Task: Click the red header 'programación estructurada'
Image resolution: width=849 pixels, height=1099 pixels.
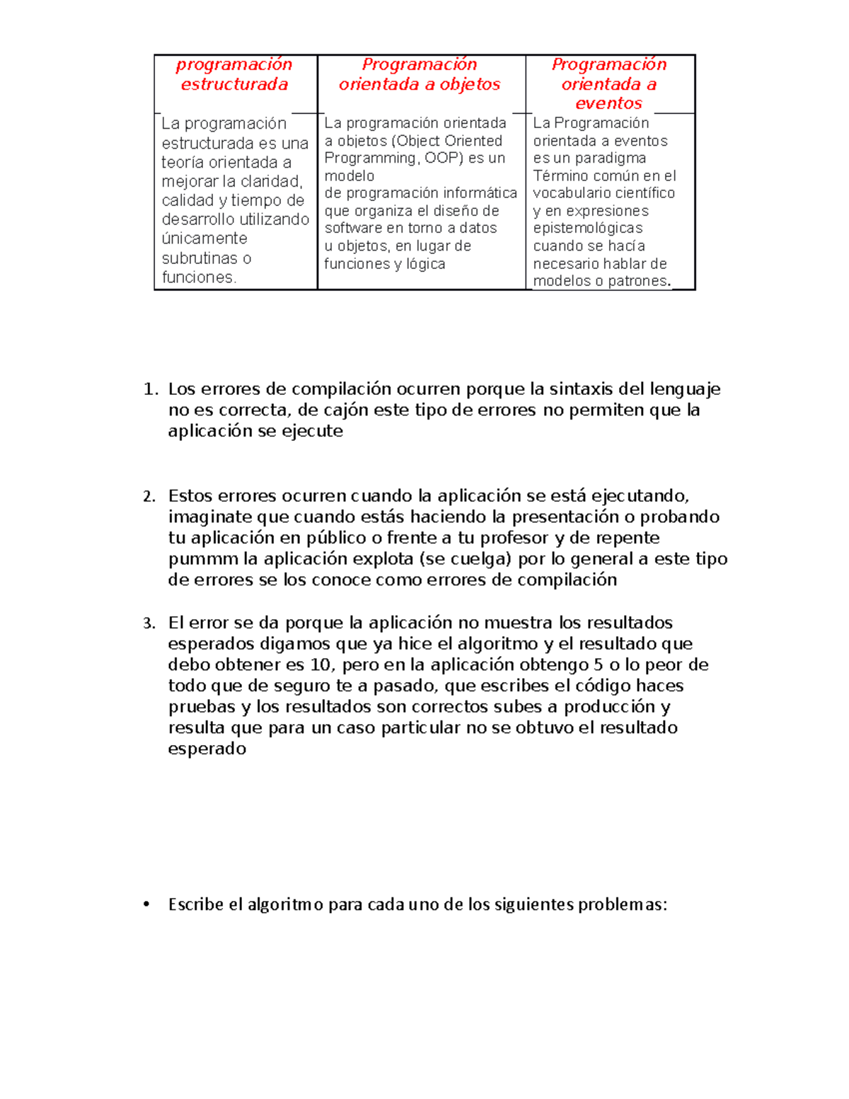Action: pyautogui.click(x=234, y=74)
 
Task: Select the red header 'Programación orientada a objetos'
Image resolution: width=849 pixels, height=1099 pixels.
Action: pyautogui.click(x=420, y=74)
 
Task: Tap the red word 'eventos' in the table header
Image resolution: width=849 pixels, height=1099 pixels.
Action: pyautogui.click(x=608, y=103)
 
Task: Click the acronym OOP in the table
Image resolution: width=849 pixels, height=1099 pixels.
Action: pyautogui.click(x=443, y=158)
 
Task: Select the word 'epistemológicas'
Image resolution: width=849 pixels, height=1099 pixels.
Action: pyautogui.click(x=587, y=228)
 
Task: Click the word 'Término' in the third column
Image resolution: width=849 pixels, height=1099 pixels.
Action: pyautogui.click(x=560, y=176)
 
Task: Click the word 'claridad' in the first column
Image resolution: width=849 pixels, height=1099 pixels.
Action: pyautogui.click(x=272, y=181)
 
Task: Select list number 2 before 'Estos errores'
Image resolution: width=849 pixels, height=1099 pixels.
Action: pyautogui.click(x=149, y=496)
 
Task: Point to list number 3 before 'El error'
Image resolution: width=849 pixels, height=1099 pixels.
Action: pyautogui.click(x=149, y=623)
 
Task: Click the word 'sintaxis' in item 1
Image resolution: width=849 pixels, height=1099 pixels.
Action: pyautogui.click(x=581, y=389)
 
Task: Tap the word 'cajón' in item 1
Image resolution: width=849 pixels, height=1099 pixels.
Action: pyautogui.click(x=344, y=410)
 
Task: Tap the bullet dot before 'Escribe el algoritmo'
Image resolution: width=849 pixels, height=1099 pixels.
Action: pyautogui.click(x=147, y=904)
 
